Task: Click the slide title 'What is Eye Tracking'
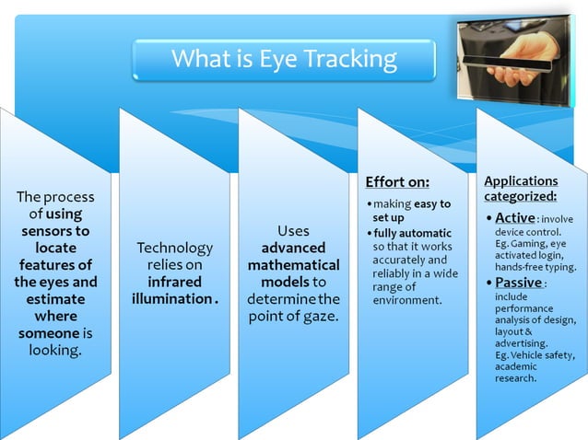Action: coord(284,61)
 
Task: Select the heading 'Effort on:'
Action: coord(397,181)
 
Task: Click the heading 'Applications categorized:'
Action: coord(521,189)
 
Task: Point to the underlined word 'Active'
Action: coord(514,218)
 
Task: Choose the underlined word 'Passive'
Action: coord(518,283)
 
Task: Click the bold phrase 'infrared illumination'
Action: coord(173,290)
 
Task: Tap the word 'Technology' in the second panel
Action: coord(174,248)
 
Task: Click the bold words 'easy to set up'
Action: coord(411,210)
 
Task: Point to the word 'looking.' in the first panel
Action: coord(55,351)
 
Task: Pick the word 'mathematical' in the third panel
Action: coord(293,265)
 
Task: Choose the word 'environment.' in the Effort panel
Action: coord(407,300)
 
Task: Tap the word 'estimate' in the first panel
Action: coord(55,299)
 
